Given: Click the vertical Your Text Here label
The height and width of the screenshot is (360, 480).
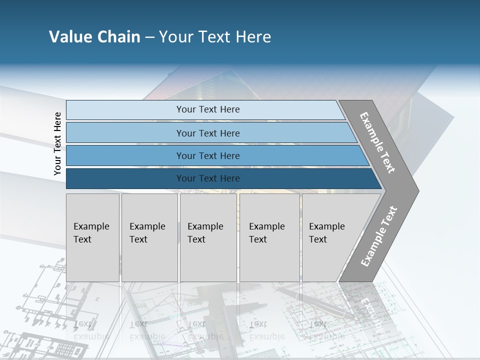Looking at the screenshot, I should click(57, 143).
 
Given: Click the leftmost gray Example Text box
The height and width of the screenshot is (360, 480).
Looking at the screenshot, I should click(92, 237).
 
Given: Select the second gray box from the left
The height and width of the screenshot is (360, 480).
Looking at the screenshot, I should click(149, 237).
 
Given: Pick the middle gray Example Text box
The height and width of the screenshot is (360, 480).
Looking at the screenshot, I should click(208, 237).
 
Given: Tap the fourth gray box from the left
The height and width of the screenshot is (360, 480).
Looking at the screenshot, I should click(269, 237).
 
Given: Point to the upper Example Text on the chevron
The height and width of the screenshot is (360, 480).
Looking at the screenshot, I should click(377, 142).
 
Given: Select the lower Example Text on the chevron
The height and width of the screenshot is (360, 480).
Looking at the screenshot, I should click(378, 236).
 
